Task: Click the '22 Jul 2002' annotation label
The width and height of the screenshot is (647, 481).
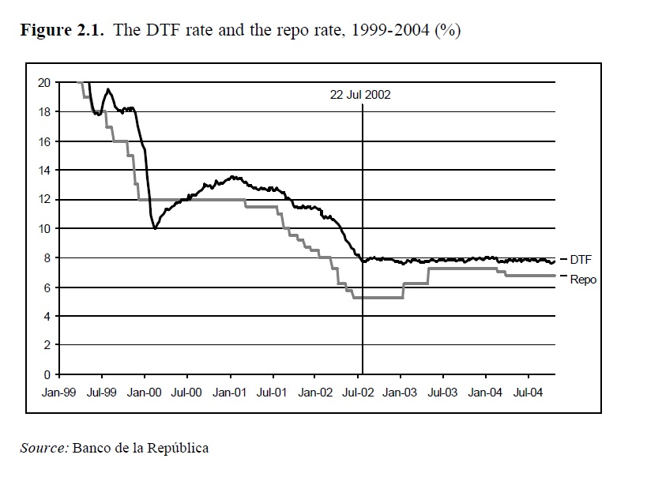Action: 361,93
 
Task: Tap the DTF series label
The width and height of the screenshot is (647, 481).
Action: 581,259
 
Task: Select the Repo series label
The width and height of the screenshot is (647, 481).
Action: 583,280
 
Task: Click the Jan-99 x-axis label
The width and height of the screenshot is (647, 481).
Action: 59,390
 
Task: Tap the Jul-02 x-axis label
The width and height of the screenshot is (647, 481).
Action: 358,390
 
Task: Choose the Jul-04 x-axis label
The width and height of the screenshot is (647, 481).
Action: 528,390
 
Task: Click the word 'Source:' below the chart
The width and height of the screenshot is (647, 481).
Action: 44,448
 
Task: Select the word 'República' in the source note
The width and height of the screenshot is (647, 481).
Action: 180,448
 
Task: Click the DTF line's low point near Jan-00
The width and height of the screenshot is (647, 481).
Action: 156,228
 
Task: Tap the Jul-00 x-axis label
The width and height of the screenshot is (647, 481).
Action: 187,390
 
